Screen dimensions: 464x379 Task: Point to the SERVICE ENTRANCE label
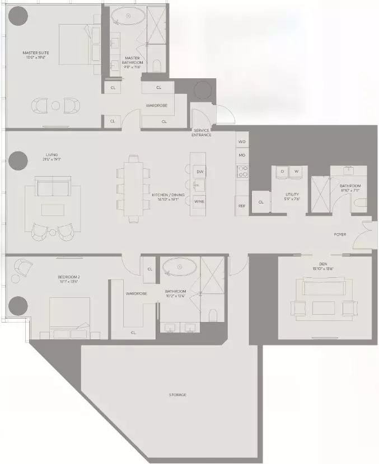point(201,132)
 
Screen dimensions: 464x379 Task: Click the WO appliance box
point(242,143)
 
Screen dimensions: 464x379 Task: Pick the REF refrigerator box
point(242,206)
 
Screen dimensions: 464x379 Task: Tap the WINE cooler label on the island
point(199,201)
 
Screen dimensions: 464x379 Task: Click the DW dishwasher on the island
point(199,171)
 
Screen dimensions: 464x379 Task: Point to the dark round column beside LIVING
point(17,161)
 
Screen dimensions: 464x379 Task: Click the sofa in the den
point(324,286)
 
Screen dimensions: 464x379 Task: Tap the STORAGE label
point(177,395)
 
